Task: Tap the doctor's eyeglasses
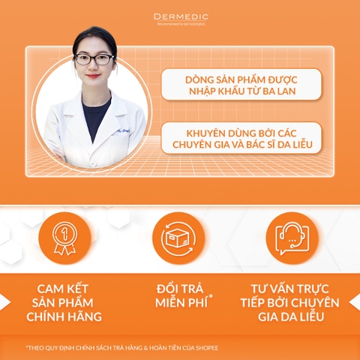[94, 58]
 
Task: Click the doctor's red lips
[92, 76]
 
